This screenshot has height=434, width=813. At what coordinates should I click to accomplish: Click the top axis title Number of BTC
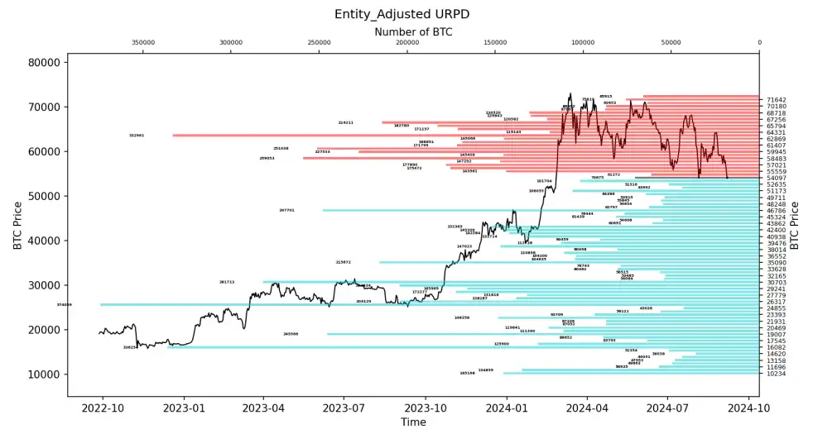(413, 32)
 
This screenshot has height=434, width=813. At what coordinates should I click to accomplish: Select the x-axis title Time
(413, 422)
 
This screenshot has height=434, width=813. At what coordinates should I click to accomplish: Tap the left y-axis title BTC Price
(17, 225)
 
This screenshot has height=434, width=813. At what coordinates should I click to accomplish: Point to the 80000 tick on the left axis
(46, 62)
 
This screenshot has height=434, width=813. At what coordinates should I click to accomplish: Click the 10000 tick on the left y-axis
(46, 374)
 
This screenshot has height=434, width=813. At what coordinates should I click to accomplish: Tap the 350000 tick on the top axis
(143, 43)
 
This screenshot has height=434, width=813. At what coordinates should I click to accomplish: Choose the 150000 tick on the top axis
(495, 43)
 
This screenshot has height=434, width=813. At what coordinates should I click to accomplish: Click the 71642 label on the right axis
(776, 100)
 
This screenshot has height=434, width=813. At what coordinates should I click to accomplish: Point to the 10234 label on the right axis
(776, 374)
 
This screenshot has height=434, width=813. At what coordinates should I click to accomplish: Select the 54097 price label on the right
(776, 178)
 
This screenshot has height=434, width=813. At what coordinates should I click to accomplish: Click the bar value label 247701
(287, 210)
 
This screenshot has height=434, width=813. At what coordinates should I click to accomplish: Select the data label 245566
(291, 334)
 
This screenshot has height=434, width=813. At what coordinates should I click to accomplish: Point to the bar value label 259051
(267, 158)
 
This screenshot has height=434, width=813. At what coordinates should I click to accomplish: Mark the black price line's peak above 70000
(570, 93)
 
